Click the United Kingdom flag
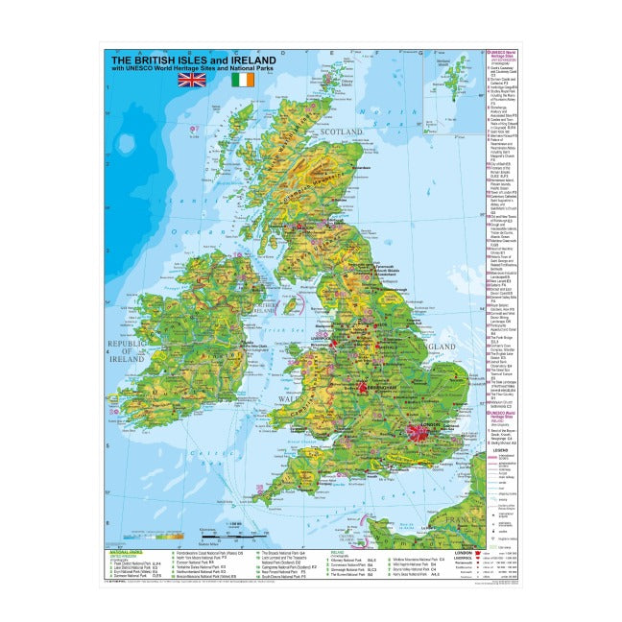click(192, 81)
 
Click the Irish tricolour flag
click(244, 81)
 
